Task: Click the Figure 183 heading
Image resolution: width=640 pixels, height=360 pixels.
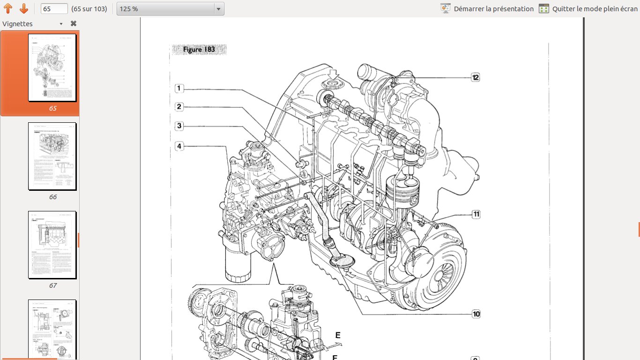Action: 199,50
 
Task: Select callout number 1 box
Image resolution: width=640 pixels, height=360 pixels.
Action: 179,88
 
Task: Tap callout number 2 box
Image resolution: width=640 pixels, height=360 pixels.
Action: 179,107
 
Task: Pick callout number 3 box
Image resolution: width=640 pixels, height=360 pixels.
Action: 179,126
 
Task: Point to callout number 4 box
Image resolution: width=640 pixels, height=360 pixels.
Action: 179,146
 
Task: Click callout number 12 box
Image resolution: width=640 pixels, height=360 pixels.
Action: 475,77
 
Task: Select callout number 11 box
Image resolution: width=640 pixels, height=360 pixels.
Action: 476,214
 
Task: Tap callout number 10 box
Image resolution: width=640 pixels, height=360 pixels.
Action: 476,314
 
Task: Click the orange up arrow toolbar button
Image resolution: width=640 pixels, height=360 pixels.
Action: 8,9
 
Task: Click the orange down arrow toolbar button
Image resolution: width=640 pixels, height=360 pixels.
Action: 24,9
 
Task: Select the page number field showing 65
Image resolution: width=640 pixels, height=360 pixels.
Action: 54,9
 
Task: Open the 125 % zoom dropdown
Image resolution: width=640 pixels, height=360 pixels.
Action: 170,9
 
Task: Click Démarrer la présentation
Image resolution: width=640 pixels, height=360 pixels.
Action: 487,9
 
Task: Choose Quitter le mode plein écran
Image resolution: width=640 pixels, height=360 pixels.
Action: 589,9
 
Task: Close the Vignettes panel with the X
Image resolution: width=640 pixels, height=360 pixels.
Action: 74,23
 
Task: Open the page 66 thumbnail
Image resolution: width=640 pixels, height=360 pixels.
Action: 52,156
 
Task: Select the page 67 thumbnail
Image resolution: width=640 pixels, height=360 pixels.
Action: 52,245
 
